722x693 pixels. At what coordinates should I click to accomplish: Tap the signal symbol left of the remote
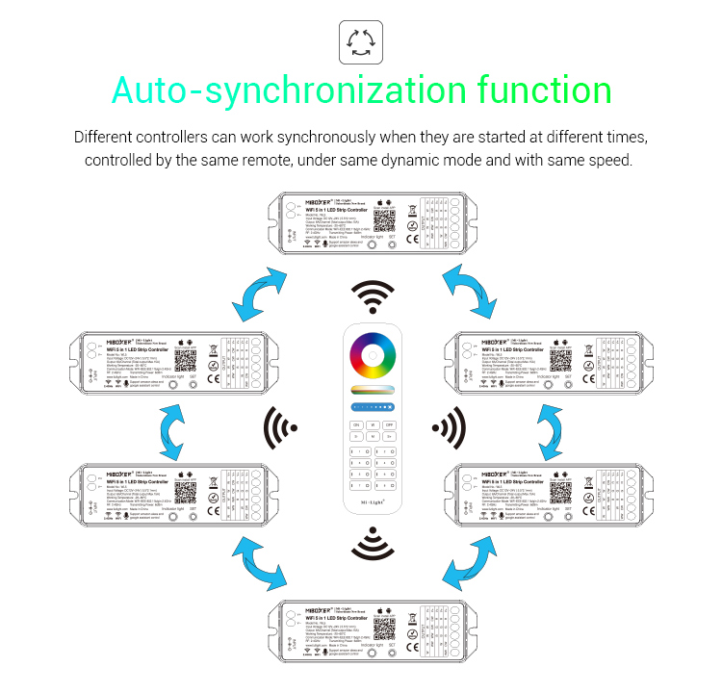[283, 424]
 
